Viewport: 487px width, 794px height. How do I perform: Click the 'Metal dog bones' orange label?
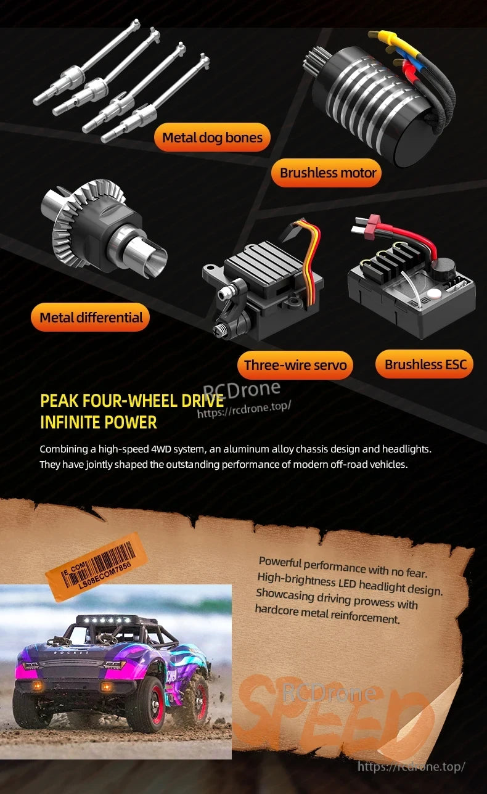coord(212,137)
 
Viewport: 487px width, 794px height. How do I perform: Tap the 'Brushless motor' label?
coord(327,173)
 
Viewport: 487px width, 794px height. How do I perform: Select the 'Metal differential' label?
coord(91,317)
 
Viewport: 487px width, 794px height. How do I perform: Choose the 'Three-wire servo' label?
coord(295,365)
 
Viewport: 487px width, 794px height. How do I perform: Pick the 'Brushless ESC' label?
coord(425,364)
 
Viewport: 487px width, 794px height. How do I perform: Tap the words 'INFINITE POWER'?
coord(99,422)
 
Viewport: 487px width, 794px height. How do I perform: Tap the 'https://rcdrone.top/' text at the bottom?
coord(411,767)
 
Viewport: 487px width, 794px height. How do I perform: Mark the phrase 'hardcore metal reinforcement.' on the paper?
coord(327,613)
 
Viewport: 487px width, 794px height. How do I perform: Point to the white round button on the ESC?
coord(434,293)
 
